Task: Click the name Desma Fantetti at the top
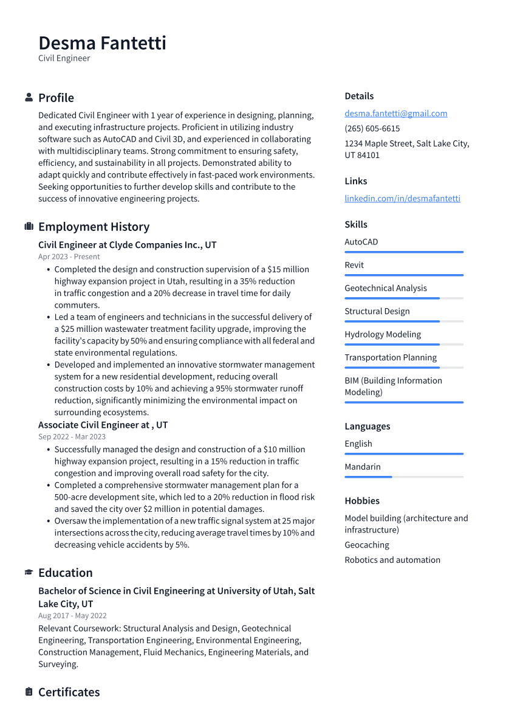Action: (x=102, y=43)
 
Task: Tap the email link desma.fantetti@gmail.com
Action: (x=395, y=113)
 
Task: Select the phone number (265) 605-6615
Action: (x=372, y=128)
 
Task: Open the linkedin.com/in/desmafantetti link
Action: (x=402, y=198)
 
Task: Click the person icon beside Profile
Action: (x=29, y=98)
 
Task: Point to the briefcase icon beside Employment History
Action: (x=29, y=227)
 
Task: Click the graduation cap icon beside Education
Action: (x=29, y=573)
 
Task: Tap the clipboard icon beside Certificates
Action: (x=29, y=692)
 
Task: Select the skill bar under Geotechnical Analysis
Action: (x=403, y=298)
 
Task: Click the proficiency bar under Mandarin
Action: (x=403, y=477)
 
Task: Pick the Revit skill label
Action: (x=354, y=265)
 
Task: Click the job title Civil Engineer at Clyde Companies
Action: (x=127, y=245)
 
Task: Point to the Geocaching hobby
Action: (x=367, y=545)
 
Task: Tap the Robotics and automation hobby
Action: (x=392, y=560)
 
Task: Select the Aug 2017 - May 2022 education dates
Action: (x=72, y=616)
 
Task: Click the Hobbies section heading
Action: (x=362, y=501)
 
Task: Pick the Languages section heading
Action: (x=367, y=426)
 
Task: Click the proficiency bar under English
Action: (x=403, y=454)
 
